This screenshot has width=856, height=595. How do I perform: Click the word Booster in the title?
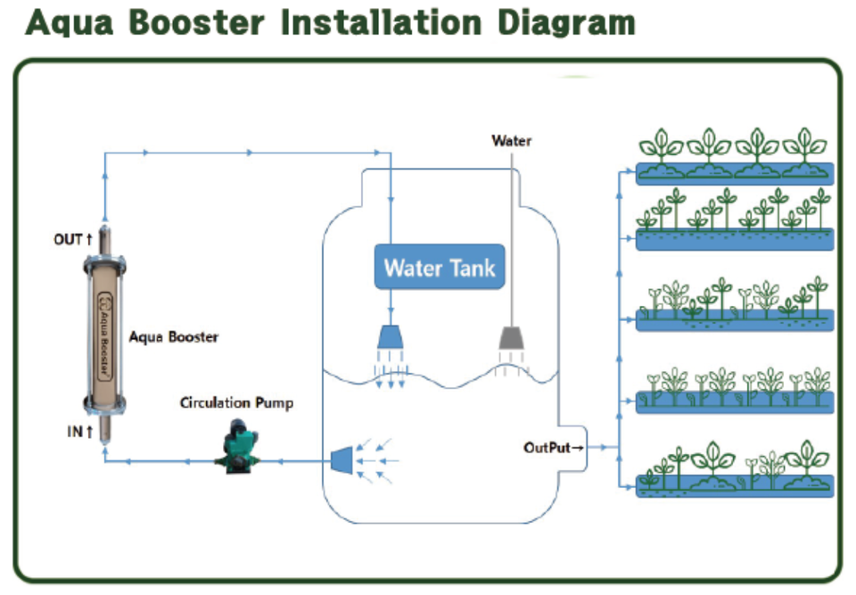click(199, 22)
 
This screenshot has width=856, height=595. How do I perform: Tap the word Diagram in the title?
click(565, 22)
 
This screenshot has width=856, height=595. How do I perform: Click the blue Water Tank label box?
click(440, 267)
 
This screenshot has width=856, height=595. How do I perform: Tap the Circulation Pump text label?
click(236, 402)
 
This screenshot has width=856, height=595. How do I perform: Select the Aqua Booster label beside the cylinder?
click(174, 337)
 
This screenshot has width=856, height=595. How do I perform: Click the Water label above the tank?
click(512, 140)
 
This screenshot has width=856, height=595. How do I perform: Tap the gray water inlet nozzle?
click(511, 337)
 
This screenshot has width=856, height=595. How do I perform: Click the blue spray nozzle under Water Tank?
click(391, 336)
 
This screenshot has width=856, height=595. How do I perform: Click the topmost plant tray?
click(734, 171)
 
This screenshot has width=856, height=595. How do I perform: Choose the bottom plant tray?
click(734, 484)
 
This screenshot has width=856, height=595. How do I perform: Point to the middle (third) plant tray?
click(734, 319)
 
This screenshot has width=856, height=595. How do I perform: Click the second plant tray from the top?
click(734, 238)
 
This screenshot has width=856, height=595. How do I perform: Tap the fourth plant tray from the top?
click(734, 402)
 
